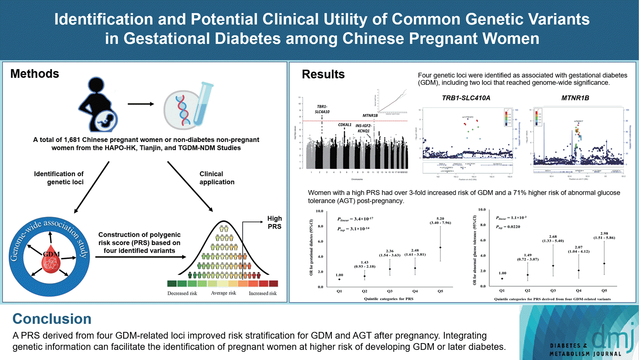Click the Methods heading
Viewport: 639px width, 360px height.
(x=35, y=74)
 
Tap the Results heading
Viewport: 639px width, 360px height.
(x=323, y=75)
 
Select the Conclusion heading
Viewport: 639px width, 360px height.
(x=52, y=319)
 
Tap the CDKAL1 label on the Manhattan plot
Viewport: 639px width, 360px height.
(x=345, y=125)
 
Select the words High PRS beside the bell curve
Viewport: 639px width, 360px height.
(x=275, y=223)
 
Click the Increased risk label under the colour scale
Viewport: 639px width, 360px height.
(x=262, y=293)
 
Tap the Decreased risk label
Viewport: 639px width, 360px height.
(x=182, y=293)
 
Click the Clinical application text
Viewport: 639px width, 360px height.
(x=217, y=178)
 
